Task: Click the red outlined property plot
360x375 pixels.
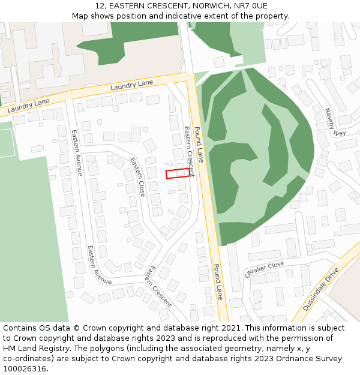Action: pyautogui.click(x=178, y=173)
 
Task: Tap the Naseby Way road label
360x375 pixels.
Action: pyautogui.click(x=336, y=122)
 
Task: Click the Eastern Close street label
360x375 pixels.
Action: pyautogui.click(x=138, y=176)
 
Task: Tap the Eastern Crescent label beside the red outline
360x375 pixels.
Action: pyautogui.click(x=190, y=151)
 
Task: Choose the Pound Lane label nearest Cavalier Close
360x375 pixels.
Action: pyautogui.click(x=217, y=282)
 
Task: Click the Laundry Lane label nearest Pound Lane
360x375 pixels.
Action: pyautogui.click(x=132, y=85)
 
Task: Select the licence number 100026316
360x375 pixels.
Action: pyautogui.click(x=26, y=369)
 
